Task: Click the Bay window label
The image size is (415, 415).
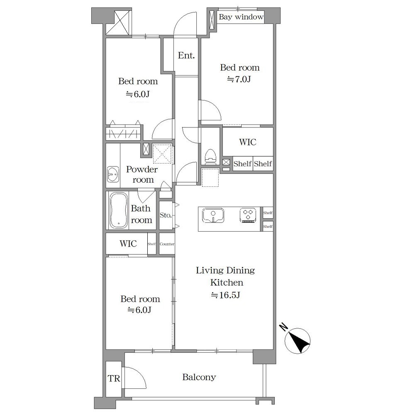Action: tap(241, 17)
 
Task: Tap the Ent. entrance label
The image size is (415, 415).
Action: tap(186, 55)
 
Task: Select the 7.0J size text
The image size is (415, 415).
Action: tap(239, 79)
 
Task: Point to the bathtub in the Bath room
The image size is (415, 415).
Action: tap(119, 210)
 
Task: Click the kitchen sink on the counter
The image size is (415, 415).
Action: tap(213, 215)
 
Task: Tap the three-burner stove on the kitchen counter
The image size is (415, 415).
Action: tap(248, 215)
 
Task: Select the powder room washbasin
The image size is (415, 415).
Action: tap(113, 174)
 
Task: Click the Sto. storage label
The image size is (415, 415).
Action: tap(166, 215)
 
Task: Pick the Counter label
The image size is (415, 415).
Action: tap(167, 244)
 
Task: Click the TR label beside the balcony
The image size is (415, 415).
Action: tap(114, 378)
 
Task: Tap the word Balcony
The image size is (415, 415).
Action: tap(199, 377)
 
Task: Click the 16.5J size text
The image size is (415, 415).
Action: tap(225, 295)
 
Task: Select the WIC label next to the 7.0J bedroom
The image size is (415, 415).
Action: tap(248, 142)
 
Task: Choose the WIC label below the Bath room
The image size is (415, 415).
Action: tap(128, 244)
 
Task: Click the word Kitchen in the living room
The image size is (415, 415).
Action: tap(227, 282)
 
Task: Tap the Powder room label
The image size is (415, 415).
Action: tap(142, 174)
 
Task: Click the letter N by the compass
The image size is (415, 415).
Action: tap(284, 327)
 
